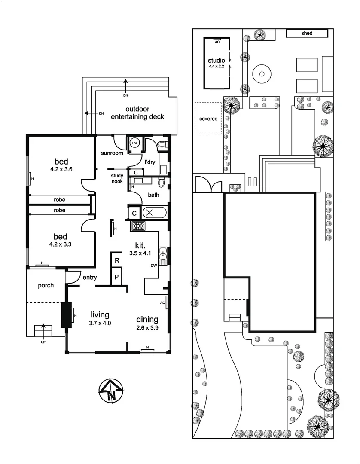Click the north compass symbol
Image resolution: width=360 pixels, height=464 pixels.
pyautogui.click(x=111, y=391)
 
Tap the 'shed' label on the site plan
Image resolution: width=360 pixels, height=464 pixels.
pyautogui.click(x=307, y=33)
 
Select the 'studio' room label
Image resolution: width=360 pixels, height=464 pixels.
pyautogui.click(x=216, y=61)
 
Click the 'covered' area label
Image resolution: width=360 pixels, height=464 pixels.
pyautogui.click(x=208, y=119)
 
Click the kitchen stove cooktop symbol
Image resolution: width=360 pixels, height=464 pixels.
pyautogui.click(x=138, y=225)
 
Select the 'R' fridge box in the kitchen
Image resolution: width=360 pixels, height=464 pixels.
pyautogui.click(x=116, y=260)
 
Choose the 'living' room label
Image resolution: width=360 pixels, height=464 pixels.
pyautogui.click(x=100, y=315)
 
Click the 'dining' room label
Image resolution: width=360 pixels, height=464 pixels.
pyautogui.click(x=147, y=319)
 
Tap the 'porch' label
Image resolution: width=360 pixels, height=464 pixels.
pyautogui.click(x=46, y=285)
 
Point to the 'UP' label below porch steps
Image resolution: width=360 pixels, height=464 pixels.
pyautogui.click(x=43, y=342)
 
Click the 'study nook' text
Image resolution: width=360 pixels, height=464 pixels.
pyautogui.click(x=117, y=178)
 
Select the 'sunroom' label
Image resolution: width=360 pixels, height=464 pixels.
pyautogui.click(x=112, y=153)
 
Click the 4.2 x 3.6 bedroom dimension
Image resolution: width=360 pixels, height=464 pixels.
pyautogui.click(x=61, y=169)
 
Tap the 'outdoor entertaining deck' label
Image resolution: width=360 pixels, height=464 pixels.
pyautogui.click(x=137, y=113)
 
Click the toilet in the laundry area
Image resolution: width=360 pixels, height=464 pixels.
pyautogui.click(x=162, y=144)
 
